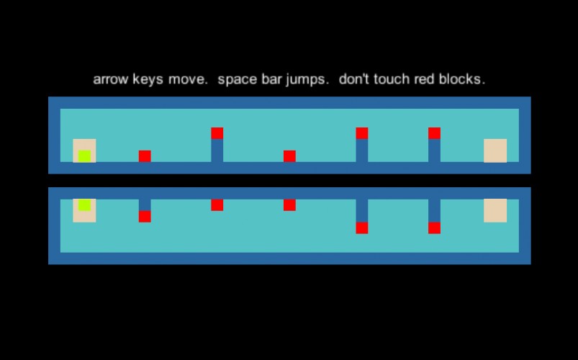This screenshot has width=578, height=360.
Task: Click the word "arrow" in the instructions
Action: click(x=111, y=79)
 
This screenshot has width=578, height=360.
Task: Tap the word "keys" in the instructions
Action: click(x=148, y=79)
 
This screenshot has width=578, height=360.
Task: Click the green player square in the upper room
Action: click(x=84, y=156)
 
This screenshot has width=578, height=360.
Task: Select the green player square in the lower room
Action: click(x=84, y=204)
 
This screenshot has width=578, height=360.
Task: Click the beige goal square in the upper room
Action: click(x=495, y=150)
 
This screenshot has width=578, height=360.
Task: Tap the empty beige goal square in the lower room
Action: click(x=495, y=211)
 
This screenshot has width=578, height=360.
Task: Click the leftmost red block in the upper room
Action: click(x=145, y=156)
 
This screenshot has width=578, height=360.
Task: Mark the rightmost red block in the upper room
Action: click(x=434, y=133)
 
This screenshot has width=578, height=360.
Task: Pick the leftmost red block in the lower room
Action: click(x=145, y=217)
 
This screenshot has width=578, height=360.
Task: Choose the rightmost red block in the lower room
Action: click(x=434, y=228)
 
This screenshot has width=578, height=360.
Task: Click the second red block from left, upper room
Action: click(x=217, y=133)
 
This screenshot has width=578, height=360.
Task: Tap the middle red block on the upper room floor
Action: click(x=289, y=156)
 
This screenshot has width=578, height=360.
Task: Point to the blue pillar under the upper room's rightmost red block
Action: click(x=434, y=150)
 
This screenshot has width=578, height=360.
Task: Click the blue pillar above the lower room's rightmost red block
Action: click(x=434, y=211)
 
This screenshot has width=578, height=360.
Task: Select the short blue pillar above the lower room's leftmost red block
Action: click(x=145, y=204)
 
